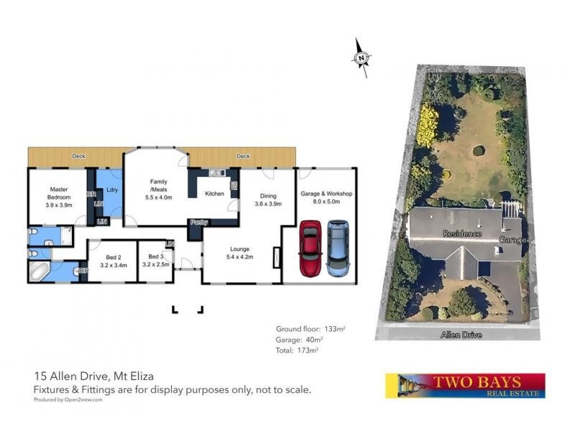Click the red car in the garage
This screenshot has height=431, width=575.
click(310, 248)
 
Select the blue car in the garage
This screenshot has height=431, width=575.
click(336, 248)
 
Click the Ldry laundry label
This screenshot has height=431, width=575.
click(111, 190)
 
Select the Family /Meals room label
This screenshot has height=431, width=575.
click(158, 189)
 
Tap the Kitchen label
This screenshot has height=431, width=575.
click(214, 193)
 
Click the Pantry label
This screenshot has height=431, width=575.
click(198, 223)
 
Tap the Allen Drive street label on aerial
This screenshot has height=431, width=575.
click(463, 335)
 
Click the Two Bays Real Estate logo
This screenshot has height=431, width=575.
click(465, 385)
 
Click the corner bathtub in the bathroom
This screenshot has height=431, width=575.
click(40, 272)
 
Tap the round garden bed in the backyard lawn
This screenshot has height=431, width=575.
click(478, 151)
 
